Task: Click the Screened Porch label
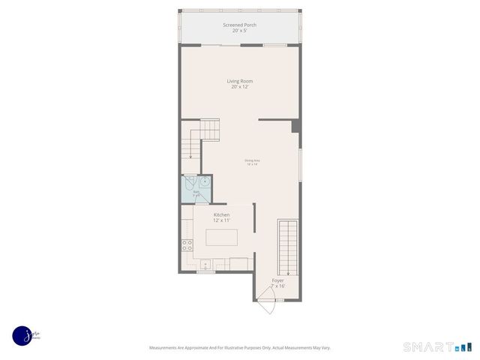pyautogui.click(x=239, y=25)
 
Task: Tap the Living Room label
pyautogui.click(x=239, y=81)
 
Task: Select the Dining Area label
pyautogui.click(x=251, y=160)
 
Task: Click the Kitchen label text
pyautogui.click(x=221, y=214)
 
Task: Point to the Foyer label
pyautogui.click(x=277, y=280)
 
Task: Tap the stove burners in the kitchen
pyautogui.click(x=187, y=244)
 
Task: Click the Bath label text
pyautogui.click(x=196, y=192)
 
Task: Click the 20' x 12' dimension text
pyautogui.click(x=239, y=87)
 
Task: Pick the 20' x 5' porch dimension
pyautogui.click(x=239, y=31)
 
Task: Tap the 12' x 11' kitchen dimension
pyautogui.click(x=221, y=220)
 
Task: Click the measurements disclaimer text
pyautogui.click(x=239, y=347)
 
